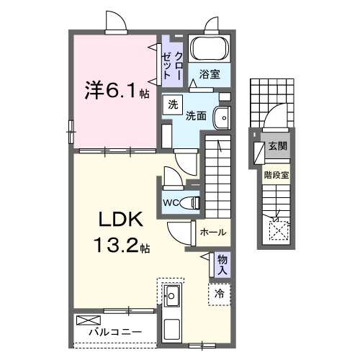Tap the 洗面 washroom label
[x=197, y=115]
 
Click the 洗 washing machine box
[x=173, y=104]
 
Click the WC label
[x=171, y=202]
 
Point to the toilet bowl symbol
[x=191, y=202]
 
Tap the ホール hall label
[x=213, y=233]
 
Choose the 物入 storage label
[x=223, y=265]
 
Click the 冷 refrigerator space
[x=220, y=293]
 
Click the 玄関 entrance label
[x=277, y=147]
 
